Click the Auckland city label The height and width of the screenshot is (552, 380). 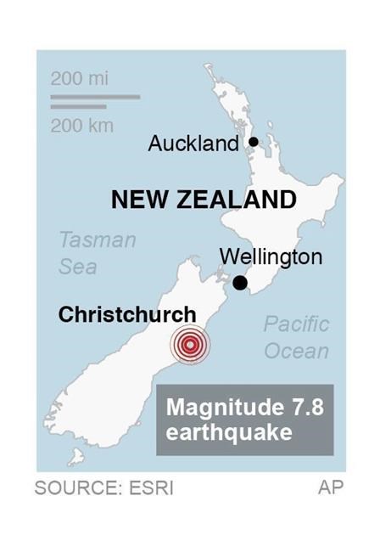click(x=193, y=144)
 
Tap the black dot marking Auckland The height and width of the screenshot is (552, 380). click(x=253, y=142)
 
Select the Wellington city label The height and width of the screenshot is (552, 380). click(x=271, y=256)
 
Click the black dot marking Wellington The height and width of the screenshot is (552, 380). click(x=241, y=283)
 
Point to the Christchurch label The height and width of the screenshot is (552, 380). click(x=127, y=315)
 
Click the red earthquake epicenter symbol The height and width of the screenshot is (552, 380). click(x=189, y=345)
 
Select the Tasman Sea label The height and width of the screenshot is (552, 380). click(x=97, y=253)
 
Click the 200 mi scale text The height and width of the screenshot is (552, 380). click(x=80, y=79)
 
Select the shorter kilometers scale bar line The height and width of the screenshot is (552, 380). click(x=79, y=107)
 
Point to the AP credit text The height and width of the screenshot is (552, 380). click(x=330, y=488)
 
